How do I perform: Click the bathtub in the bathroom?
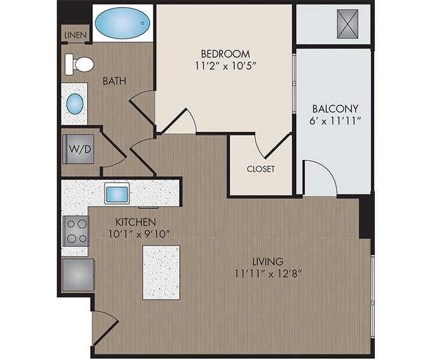coord(123,23)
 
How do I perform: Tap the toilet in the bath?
coord(80,64)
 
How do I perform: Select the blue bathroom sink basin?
coord(75,103)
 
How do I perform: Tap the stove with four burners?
coord(76,231)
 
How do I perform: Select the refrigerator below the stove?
coord(78,274)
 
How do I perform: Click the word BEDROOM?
coord(225,54)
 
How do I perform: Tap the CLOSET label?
coord(261,169)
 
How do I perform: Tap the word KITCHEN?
coord(135,222)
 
